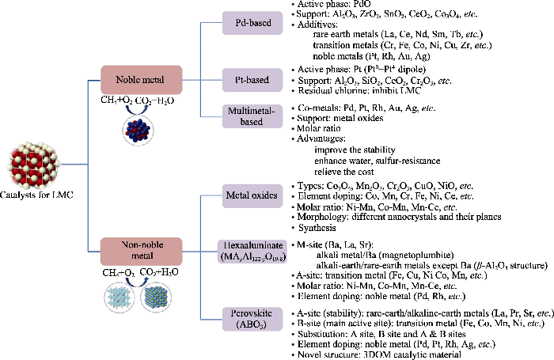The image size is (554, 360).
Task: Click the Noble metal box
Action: click(138, 81)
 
